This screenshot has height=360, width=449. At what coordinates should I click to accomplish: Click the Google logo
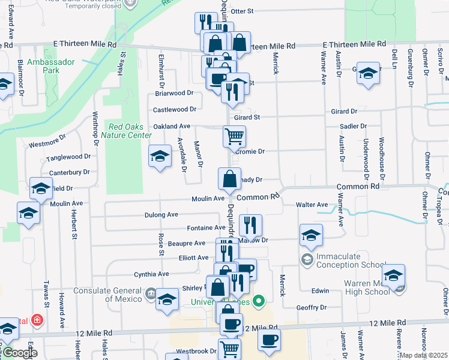pos(19,353)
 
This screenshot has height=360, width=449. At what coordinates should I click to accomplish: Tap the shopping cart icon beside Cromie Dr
pos(234,136)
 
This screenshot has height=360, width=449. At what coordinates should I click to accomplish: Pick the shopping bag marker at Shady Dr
pos(229,178)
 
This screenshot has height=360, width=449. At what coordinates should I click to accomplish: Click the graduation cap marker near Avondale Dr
pos(160,157)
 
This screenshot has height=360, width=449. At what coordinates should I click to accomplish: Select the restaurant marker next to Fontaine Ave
pos(250,225)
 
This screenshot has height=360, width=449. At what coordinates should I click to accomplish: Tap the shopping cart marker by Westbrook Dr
pos(229,349)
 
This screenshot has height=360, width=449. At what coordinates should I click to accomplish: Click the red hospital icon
pos(38,320)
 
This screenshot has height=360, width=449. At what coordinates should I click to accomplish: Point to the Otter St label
pos(243,11)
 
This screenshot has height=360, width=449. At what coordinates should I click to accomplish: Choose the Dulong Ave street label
pos(161,214)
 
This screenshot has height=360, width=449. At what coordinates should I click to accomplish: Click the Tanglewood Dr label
pos(69,157)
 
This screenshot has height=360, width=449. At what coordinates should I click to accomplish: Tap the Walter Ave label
pos(312,205)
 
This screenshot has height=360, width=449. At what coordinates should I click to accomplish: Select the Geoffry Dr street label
pos(311,307)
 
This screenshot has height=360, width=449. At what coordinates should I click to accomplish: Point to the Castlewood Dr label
pos(175,109)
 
